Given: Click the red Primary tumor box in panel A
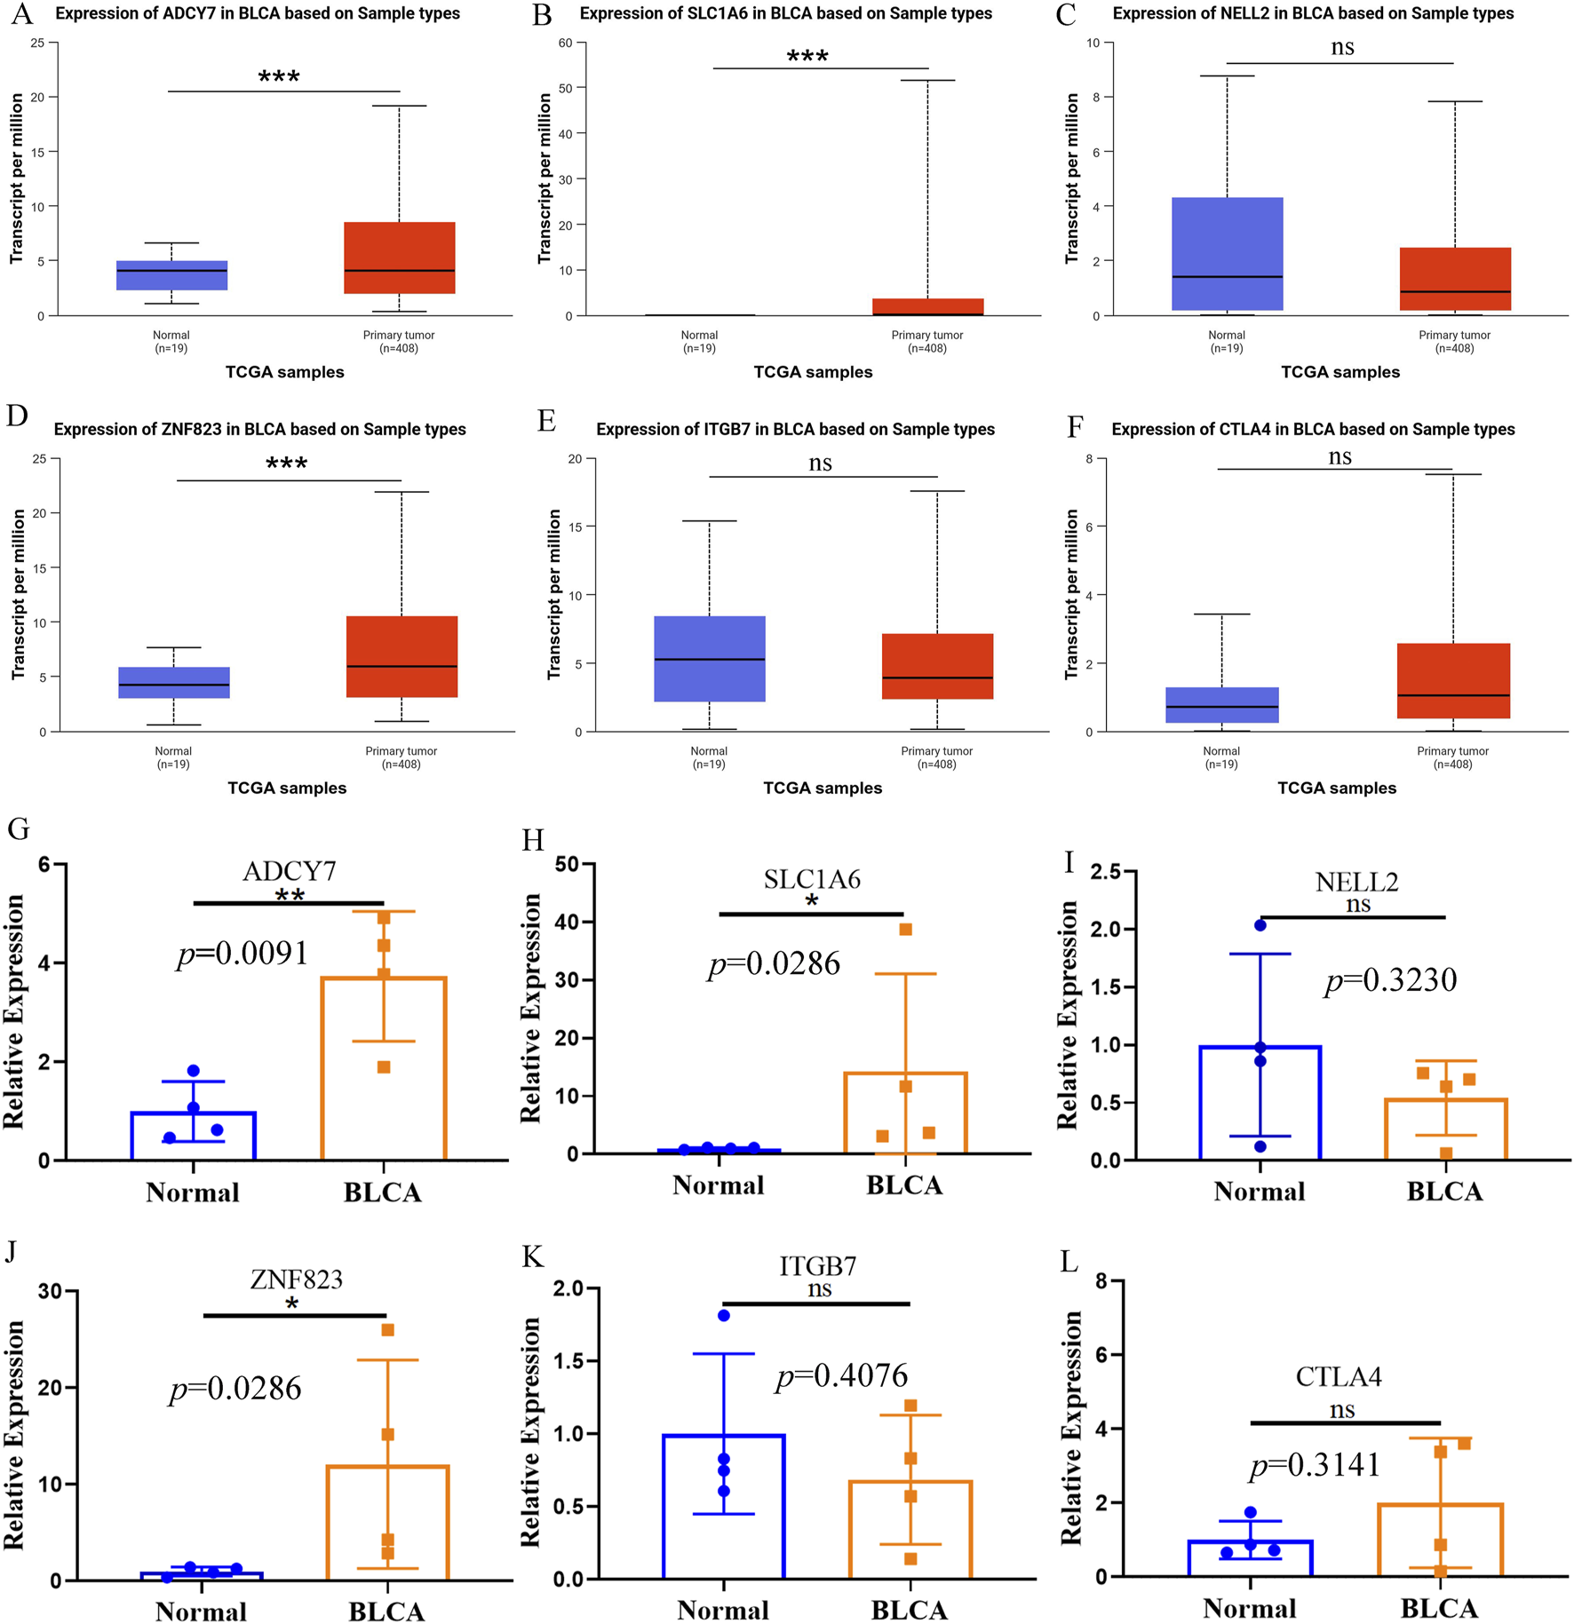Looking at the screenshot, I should pos(399,257).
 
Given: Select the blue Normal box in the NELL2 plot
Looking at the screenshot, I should pos(1227,253).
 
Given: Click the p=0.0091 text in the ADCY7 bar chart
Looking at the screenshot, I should pos(242,954).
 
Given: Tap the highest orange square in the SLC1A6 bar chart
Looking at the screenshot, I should pos(905,930).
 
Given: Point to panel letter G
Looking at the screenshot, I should pos(18,828).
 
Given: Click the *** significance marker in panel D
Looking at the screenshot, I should pos(286,464).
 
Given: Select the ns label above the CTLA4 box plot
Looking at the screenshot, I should pos(1339,456).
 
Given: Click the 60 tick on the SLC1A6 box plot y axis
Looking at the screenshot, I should pos(566,43).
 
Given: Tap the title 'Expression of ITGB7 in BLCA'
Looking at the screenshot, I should pos(794,430).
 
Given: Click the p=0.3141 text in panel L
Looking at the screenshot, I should pos(1315,1464).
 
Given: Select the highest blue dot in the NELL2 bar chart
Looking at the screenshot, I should pos(1260,925).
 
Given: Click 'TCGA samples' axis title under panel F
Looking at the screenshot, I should pos(1336,788).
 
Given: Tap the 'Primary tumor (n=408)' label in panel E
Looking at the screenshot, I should pos(936,757).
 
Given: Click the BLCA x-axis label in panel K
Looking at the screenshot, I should pos(909,1609).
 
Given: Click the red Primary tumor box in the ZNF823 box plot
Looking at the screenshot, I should pos(401,656).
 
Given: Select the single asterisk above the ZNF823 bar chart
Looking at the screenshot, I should pos(292,1303).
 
